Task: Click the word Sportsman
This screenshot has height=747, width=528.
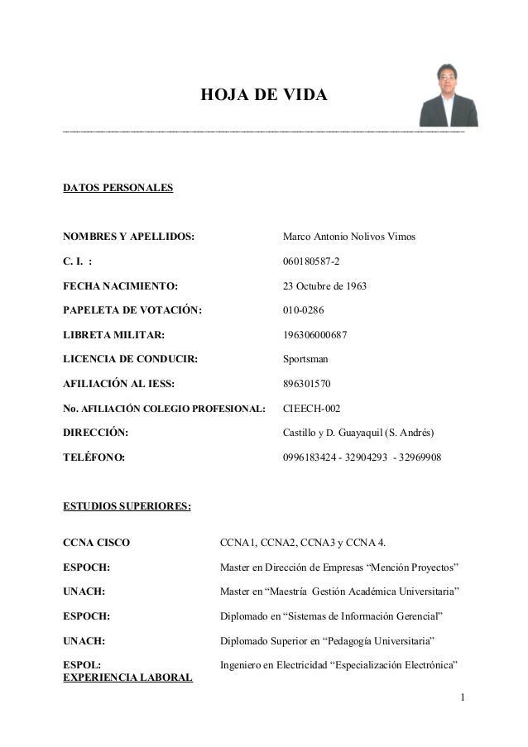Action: coord(307,360)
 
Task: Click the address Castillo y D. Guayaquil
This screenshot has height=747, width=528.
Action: coord(358,433)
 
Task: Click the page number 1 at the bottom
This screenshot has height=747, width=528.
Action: coord(463,705)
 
